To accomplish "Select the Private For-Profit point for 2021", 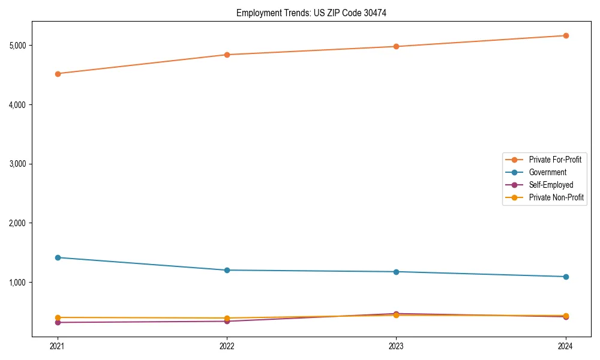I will tap(58, 74).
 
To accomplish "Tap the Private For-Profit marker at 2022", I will tap(227, 55).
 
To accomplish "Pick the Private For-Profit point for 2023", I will tap(396, 46).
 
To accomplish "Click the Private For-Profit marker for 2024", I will tap(566, 35).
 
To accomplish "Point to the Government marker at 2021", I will tap(58, 257).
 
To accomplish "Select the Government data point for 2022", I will tap(227, 270).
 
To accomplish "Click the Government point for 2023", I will tap(396, 272).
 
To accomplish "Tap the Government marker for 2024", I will tap(566, 277).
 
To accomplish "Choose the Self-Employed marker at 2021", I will tap(58, 323).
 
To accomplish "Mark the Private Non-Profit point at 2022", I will tap(227, 318).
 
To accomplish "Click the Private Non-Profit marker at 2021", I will tap(58, 317).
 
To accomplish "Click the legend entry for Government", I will tap(547, 172).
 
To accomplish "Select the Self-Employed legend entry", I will tap(551, 185).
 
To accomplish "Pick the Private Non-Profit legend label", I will tap(556, 197).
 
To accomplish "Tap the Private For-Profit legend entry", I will tap(555, 160).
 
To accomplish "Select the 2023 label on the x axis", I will tap(396, 346).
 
